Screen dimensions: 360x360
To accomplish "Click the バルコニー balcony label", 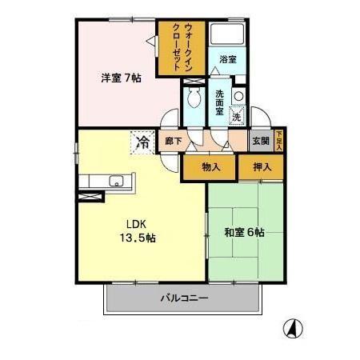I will pos(183,298).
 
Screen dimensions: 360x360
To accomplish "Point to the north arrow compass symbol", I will pos(293,328).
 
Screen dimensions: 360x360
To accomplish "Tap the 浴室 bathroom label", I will pos(229,60).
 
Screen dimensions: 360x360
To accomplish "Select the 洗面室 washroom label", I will pos(218,102).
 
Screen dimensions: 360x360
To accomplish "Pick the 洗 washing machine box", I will pos(238,117).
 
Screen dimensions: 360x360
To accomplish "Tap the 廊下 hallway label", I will pos(173,142).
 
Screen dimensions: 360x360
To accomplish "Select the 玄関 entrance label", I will pos(262,142).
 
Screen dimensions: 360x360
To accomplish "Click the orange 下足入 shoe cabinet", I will pos(278,141).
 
